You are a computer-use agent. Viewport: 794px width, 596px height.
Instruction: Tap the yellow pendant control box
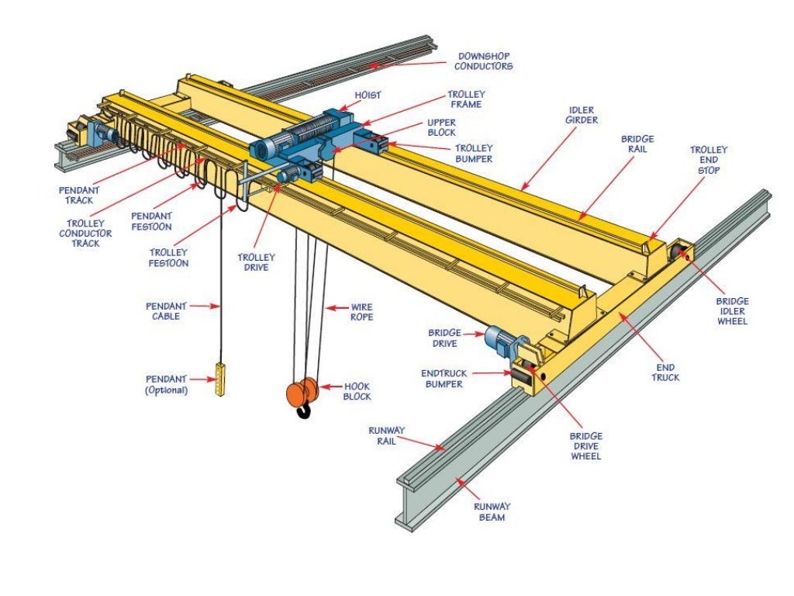pyautogui.click(x=220, y=379)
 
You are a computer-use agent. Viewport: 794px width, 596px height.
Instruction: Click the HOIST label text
pyautogui.click(x=368, y=95)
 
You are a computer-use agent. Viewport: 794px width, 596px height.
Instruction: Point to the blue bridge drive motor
pyautogui.click(x=498, y=339)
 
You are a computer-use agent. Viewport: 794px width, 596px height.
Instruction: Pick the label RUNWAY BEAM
pyautogui.click(x=492, y=511)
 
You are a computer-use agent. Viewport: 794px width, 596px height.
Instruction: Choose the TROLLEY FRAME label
pyautogui.click(x=465, y=99)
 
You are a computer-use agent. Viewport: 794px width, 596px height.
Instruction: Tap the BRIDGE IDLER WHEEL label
pyautogui.click(x=731, y=310)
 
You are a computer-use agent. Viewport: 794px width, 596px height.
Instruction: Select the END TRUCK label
pyautogui.click(x=665, y=372)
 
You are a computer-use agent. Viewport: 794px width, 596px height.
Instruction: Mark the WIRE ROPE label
pyautogui.click(x=361, y=312)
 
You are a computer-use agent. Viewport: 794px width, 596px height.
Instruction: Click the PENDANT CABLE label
pyautogui.click(x=162, y=311)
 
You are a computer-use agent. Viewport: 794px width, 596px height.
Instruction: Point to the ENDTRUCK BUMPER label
pyautogui.click(x=444, y=378)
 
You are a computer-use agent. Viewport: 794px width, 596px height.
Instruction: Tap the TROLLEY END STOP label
pyautogui.click(x=709, y=159)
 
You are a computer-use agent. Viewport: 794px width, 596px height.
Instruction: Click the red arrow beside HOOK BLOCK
pyautogui.click(x=327, y=386)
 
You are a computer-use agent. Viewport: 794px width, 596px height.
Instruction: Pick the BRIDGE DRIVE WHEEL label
pyautogui.click(x=585, y=446)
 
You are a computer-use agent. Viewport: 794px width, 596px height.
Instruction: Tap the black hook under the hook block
pyautogui.click(x=303, y=410)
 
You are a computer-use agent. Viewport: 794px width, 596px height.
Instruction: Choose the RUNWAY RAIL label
pyautogui.click(x=398, y=435)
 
